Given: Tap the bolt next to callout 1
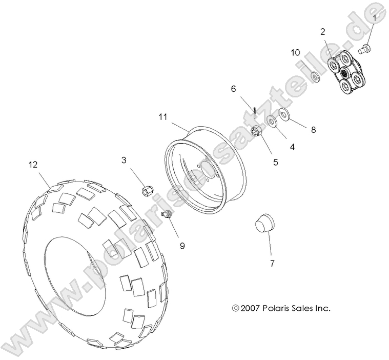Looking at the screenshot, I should coord(365,49).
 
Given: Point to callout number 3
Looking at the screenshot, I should coord(124,160).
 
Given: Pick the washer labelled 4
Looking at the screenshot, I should coord(271,122).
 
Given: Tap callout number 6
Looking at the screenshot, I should coord(234,89).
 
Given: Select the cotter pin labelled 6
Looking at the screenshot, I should coord(255,111).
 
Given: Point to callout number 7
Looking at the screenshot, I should coord(272,264).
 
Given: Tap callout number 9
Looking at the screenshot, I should coord(182,246).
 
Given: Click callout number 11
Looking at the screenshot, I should coord(163,117).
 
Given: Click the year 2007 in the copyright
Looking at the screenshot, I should coord(251,309).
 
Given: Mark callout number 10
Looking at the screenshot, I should coord(295,52).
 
